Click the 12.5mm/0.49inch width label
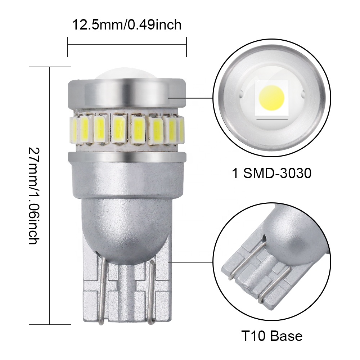pyautogui.click(x=127, y=25)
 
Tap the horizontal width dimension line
pyautogui.click(x=127, y=45)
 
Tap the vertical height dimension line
pyautogui.click(x=50, y=196)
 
